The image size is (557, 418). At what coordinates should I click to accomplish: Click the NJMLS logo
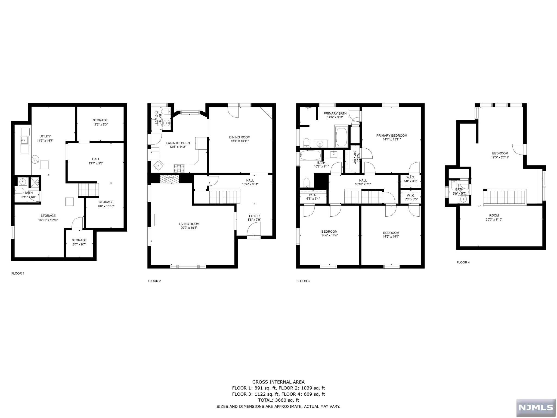(536, 407)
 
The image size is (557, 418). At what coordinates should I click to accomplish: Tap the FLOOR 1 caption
(18, 273)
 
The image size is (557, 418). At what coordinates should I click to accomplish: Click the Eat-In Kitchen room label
(178, 143)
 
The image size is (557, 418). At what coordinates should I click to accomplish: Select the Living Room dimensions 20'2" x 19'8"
(189, 228)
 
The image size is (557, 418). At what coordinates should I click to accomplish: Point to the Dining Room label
(239, 137)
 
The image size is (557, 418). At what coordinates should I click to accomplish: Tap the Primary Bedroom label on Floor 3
(391, 136)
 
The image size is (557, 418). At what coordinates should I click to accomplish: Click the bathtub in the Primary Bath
(341, 137)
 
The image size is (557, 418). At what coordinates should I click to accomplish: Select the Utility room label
(45, 136)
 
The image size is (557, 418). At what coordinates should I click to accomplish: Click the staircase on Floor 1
(88, 189)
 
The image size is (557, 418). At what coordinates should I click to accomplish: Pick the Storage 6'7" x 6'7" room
(79, 242)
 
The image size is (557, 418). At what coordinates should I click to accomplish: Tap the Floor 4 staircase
(505, 198)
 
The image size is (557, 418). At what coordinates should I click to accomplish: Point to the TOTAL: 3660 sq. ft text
(278, 400)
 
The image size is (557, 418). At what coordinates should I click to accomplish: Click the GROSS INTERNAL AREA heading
(278, 382)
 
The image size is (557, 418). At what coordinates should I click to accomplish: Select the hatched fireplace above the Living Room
(170, 179)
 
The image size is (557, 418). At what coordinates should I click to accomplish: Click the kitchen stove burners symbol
(179, 168)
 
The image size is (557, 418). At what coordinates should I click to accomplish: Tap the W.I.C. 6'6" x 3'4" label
(313, 197)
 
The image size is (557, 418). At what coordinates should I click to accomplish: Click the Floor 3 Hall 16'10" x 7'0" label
(363, 182)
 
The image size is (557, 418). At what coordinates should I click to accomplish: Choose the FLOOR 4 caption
(463, 262)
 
